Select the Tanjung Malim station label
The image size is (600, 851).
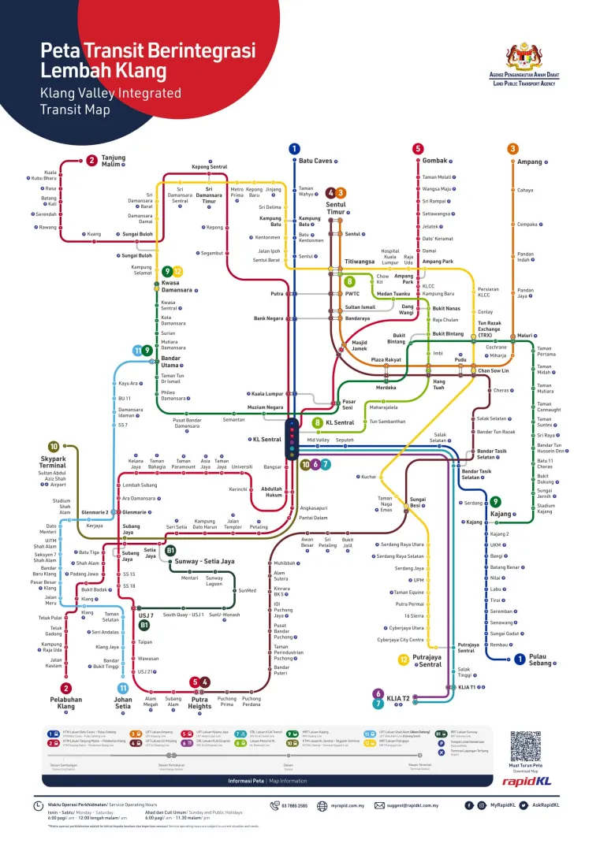tap(114, 161)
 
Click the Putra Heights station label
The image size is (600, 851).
tap(200, 701)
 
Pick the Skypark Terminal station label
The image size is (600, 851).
tap(53, 461)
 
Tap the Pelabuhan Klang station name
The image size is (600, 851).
tap(66, 701)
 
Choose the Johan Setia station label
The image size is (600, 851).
tap(123, 701)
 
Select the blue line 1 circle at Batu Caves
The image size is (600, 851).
tap(294, 148)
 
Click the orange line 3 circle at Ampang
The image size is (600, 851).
tap(513, 148)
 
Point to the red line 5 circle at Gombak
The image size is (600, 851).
tap(418, 148)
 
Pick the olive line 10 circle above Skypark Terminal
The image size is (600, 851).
tap(54, 446)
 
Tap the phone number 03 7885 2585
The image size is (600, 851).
tap(293, 805)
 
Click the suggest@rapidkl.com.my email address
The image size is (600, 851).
tap(411, 805)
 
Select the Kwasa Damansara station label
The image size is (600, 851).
tap(177, 286)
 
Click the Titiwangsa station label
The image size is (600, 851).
tap(360, 262)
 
